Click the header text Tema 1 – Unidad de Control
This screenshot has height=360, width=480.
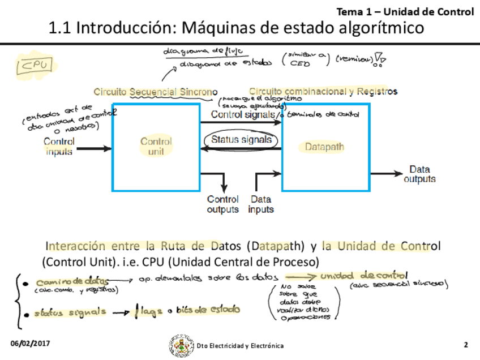(x=405, y=11)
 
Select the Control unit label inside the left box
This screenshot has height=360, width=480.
(x=156, y=147)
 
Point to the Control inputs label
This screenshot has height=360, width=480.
(x=59, y=147)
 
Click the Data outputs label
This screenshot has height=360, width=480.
(x=419, y=174)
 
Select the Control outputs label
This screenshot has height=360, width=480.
(x=222, y=204)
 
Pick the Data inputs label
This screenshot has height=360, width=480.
(x=260, y=204)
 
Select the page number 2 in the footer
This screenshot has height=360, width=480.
(x=466, y=345)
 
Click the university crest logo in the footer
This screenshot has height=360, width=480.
(x=180, y=345)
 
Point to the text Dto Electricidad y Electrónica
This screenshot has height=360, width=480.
(x=241, y=346)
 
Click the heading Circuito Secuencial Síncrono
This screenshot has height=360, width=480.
(x=156, y=92)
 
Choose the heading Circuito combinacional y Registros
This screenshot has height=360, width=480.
(x=323, y=91)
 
